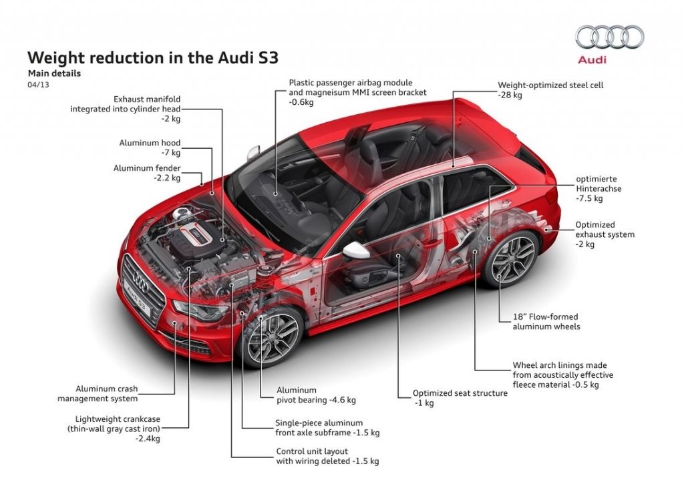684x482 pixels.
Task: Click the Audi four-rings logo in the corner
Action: coord(609,37)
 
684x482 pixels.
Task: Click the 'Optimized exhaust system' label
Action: coord(605,234)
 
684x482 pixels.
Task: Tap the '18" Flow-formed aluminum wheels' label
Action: coord(546,322)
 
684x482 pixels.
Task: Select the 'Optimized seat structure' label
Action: coord(460,398)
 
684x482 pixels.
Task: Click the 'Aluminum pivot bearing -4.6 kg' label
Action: coord(316,395)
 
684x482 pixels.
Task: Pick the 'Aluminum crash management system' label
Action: coord(107,393)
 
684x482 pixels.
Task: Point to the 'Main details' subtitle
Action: coord(54,73)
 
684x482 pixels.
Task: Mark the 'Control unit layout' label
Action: coord(327,456)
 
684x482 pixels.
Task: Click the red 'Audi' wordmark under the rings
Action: coord(591,59)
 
